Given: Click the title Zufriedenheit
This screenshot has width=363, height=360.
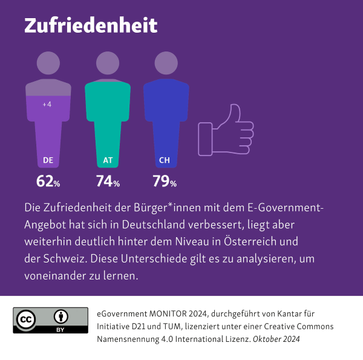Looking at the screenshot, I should coord(91,25).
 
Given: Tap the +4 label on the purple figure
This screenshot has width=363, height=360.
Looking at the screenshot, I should coord(47,105).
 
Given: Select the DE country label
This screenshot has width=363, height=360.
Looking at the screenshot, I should coord(48,160).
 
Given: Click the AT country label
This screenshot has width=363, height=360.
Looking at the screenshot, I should coord(108,160).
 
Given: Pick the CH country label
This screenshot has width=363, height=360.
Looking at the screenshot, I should coord(164,160).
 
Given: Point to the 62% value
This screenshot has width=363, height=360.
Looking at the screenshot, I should coord(48,181).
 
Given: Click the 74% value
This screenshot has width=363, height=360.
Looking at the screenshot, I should coord(108,181).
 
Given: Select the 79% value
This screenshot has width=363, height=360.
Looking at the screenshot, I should coord(165,181).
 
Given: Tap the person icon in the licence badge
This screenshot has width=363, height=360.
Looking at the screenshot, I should coord(60,316).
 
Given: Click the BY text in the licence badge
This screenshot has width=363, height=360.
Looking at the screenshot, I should coord(60,329).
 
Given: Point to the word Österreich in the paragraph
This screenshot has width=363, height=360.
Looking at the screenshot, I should coord(253,241).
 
